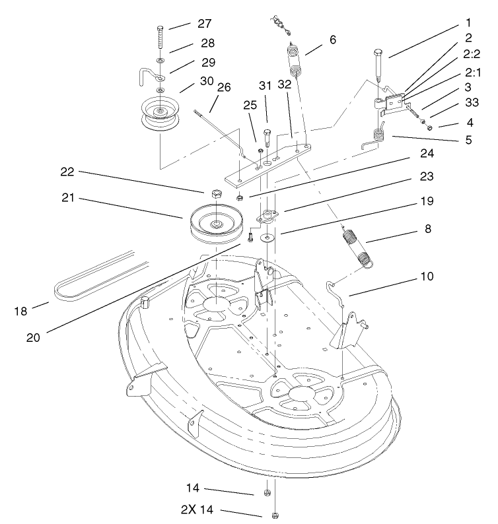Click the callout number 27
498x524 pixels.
(203, 22)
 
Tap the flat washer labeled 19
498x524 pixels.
(268, 236)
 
